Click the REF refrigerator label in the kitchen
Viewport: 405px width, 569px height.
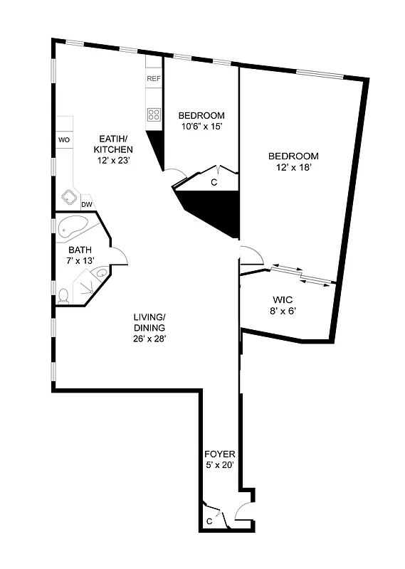click(x=153, y=78)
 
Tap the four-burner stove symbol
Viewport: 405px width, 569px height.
click(x=153, y=113)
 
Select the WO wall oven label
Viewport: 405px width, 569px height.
click(x=64, y=140)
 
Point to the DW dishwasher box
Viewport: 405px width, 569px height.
click(x=87, y=205)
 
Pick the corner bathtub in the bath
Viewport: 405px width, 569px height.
click(x=71, y=228)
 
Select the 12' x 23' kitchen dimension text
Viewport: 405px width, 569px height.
click(x=113, y=161)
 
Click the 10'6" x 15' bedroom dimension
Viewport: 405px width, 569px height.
click(x=201, y=127)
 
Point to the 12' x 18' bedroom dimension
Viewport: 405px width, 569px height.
click(x=293, y=168)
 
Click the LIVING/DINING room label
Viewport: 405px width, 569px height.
click(x=149, y=322)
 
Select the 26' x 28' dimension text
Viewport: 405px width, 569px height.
click(x=149, y=338)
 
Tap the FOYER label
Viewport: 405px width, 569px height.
click(x=219, y=454)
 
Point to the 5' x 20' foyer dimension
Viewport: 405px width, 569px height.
click(x=219, y=465)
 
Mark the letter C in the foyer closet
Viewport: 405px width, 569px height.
click(x=209, y=521)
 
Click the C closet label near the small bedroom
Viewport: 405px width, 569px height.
click(x=214, y=182)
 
